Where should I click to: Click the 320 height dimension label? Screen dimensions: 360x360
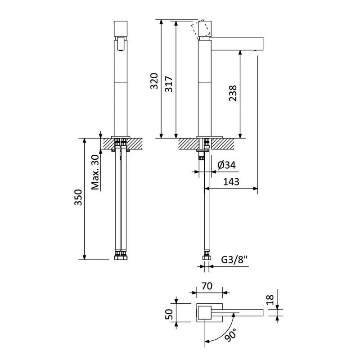154,81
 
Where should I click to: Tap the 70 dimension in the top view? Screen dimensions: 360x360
207,286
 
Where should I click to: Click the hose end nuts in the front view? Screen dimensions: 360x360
121,257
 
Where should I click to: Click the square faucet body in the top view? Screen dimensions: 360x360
205,312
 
